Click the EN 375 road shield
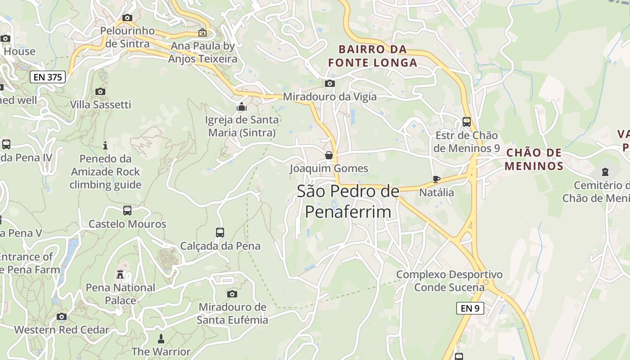(48, 77)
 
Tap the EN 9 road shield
(470, 308)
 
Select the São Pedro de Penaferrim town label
(348, 201)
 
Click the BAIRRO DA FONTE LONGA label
(373, 56)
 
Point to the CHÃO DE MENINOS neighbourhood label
(534, 159)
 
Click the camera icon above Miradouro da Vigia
(330, 83)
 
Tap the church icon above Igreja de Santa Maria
(242, 107)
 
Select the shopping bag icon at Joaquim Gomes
(329, 155)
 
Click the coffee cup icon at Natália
(436, 179)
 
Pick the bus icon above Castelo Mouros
(127, 210)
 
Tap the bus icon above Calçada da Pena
(220, 232)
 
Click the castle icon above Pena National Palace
(120, 274)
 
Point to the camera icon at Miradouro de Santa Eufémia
(232, 294)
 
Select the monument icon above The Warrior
(161, 338)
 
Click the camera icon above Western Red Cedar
(62, 316)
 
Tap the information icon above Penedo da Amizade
(105, 145)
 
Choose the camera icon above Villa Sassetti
(100, 91)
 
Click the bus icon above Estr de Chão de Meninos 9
(467, 121)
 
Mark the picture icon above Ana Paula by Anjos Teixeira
(202, 32)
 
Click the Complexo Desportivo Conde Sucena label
(449, 281)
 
